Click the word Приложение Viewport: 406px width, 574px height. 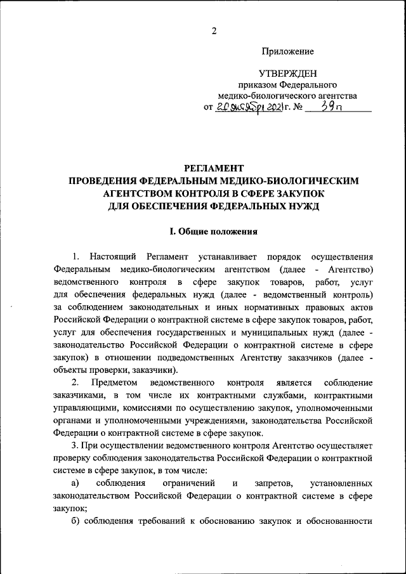pyautogui.click(x=287, y=51)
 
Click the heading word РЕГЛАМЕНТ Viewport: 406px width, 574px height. pyautogui.click(x=214, y=168)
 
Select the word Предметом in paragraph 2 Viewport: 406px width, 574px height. pyautogui.click(x=113, y=384)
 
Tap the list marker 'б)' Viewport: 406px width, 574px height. pyautogui.click(x=75, y=521)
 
